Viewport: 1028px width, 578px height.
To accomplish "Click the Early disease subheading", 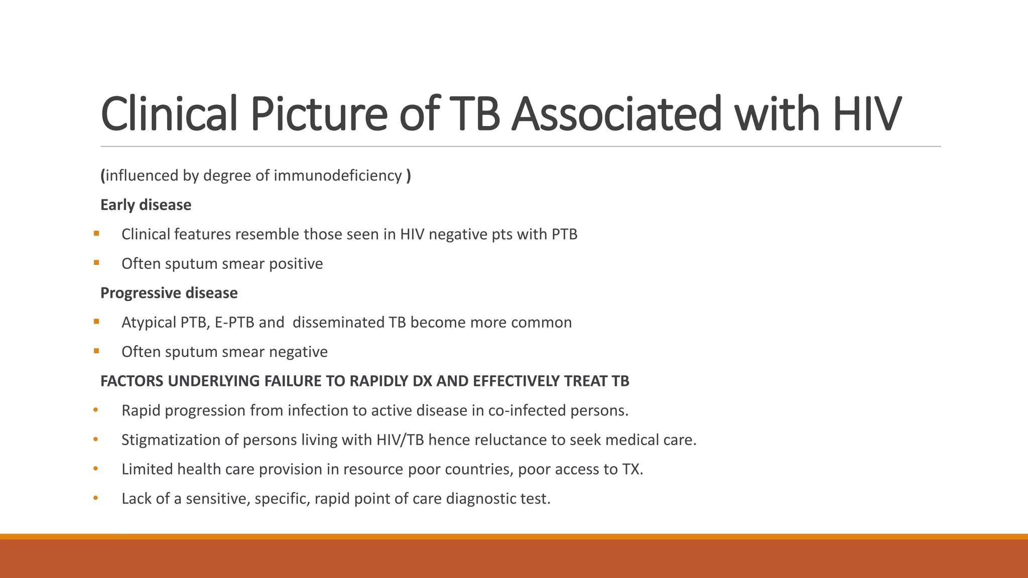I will [146, 205].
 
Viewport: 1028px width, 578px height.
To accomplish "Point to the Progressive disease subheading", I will [169, 293].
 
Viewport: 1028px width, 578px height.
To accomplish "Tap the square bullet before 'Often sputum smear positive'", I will [96, 262].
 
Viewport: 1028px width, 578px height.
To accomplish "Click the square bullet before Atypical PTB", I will [96, 321].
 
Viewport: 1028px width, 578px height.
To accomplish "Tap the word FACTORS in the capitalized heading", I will [132, 381].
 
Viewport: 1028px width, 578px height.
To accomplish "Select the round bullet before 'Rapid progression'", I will [95, 410].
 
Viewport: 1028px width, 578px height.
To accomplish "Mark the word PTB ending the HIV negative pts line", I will [564, 234].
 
